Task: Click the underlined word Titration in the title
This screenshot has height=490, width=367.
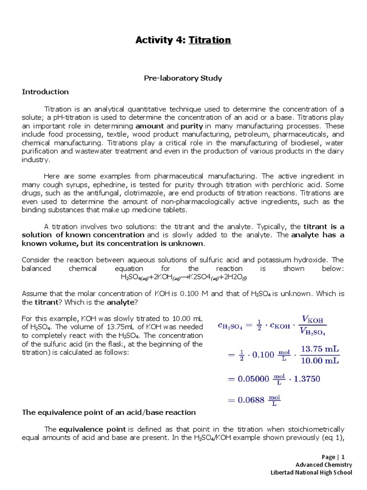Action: click(x=210, y=40)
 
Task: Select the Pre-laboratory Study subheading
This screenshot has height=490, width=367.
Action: click(x=183, y=78)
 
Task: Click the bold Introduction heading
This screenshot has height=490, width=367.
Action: click(x=45, y=91)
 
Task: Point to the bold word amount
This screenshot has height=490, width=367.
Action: click(x=149, y=126)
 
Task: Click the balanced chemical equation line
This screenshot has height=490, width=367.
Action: click(x=183, y=278)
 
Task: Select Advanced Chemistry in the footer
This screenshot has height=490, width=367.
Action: click(x=324, y=465)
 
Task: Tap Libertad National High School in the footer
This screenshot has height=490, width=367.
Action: click(x=311, y=473)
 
